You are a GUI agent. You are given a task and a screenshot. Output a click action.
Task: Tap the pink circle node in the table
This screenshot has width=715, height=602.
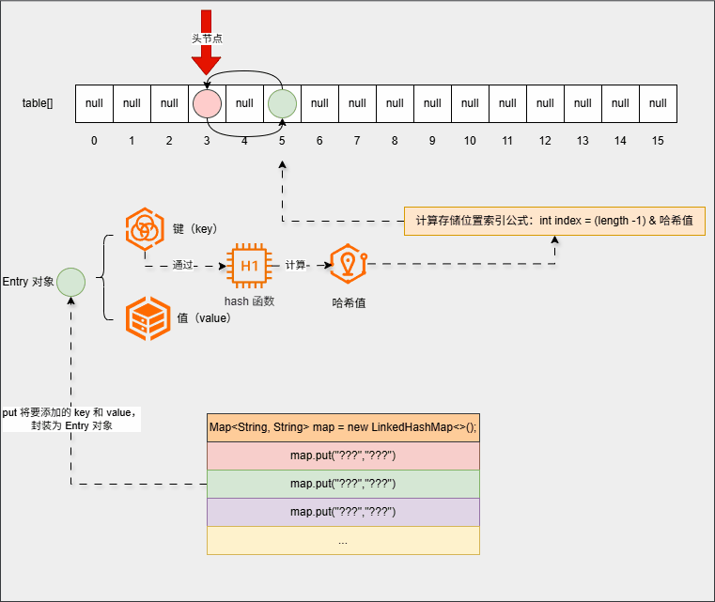click(x=207, y=103)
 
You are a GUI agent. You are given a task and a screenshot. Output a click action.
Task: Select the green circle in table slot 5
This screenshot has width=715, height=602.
click(x=282, y=103)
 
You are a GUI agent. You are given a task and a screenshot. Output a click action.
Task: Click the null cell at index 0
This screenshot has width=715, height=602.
click(x=94, y=103)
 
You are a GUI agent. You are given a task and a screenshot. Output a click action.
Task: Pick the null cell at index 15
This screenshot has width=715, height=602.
click(x=658, y=103)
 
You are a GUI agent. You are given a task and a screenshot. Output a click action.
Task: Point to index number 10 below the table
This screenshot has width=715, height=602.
click(x=470, y=141)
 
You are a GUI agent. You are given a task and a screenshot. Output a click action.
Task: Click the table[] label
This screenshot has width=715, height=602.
click(x=38, y=103)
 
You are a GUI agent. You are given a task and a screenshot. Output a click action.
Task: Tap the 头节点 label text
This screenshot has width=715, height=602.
click(x=207, y=39)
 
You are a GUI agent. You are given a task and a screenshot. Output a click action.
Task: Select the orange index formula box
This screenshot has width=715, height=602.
click(x=554, y=221)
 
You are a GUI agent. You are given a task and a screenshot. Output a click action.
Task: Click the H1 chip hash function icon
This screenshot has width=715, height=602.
click(x=249, y=266)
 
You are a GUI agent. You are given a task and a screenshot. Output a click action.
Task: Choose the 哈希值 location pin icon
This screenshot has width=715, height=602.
click(x=348, y=266)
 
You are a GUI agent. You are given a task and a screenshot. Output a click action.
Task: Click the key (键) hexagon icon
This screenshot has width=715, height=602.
click(x=145, y=228)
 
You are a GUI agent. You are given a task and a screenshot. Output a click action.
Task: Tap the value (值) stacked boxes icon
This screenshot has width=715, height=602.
click(x=145, y=317)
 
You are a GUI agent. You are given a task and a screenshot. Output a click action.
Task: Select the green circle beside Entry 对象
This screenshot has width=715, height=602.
click(x=71, y=281)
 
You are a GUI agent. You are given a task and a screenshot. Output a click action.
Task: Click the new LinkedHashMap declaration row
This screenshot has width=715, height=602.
click(x=343, y=427)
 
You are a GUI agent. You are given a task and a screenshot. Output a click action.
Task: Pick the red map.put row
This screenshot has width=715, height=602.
click(x=343, y=455)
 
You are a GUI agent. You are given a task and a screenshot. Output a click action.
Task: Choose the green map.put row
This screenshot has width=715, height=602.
click(x=343, y=484)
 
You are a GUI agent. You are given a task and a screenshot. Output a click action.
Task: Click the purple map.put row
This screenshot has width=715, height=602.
click(x=343, y=512)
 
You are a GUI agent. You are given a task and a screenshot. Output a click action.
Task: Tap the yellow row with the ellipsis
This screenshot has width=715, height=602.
click(x=343, y=540)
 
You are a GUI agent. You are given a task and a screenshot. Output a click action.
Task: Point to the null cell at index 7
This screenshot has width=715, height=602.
click(x=357, y=103)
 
